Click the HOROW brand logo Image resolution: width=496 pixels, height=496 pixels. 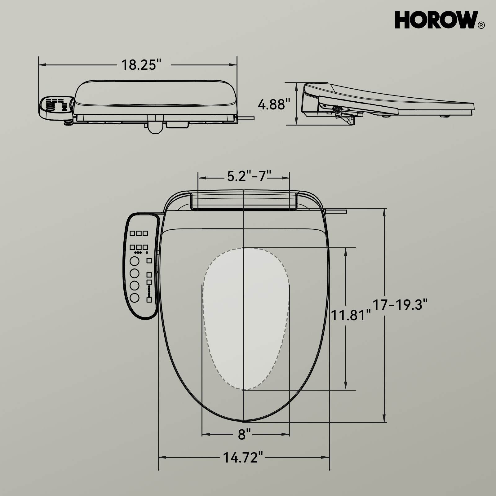(436, 20)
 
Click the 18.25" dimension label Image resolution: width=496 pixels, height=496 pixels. (141, 65)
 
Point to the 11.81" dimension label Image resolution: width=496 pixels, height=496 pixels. (351, 316)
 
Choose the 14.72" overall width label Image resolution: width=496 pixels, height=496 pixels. (243, 457)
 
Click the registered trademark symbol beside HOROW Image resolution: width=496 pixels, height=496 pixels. (481, 25)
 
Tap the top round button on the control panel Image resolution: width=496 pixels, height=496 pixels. (135, 261)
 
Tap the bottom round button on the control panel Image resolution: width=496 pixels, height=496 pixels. (135, 298)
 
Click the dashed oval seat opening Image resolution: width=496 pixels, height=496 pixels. (246, 319)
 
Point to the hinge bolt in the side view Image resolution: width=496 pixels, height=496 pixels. (337, 109)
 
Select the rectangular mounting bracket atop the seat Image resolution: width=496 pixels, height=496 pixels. (244, 200)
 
